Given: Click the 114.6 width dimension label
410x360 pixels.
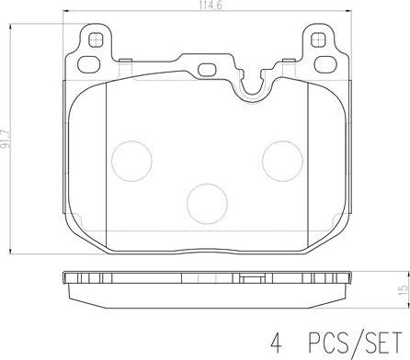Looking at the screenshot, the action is click(x=211, y=5).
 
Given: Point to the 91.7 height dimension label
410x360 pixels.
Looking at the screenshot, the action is click(x=6, y=139).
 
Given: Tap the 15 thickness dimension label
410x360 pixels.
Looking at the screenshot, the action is click(x=404, y=289).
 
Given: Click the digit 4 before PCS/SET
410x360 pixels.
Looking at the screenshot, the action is click(x=276, y=343).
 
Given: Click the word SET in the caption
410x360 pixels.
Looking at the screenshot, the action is click(x=383, y=343).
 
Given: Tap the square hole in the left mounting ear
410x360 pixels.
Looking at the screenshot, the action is click(x=96, y=39).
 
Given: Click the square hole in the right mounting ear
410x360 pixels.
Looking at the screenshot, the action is click(x=318, y=39).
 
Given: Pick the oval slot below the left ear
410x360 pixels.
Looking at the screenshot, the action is click(x=89, y=64).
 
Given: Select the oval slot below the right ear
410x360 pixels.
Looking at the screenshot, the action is click(x=325, y=64).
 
